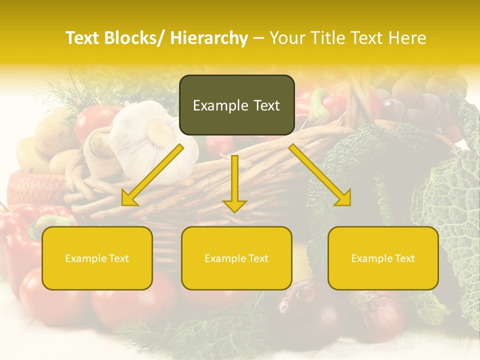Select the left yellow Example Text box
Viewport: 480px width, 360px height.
point(97,258)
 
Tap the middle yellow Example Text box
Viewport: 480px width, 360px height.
point(236,258)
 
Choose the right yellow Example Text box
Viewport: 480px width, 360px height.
point(383,258)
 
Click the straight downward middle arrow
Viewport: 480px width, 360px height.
point(234,182)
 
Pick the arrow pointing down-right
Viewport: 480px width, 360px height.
point(320,175)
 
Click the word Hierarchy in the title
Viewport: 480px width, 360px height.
point(208,38)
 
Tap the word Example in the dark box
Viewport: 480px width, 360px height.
point(214,105)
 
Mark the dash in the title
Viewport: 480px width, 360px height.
point(258,38)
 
